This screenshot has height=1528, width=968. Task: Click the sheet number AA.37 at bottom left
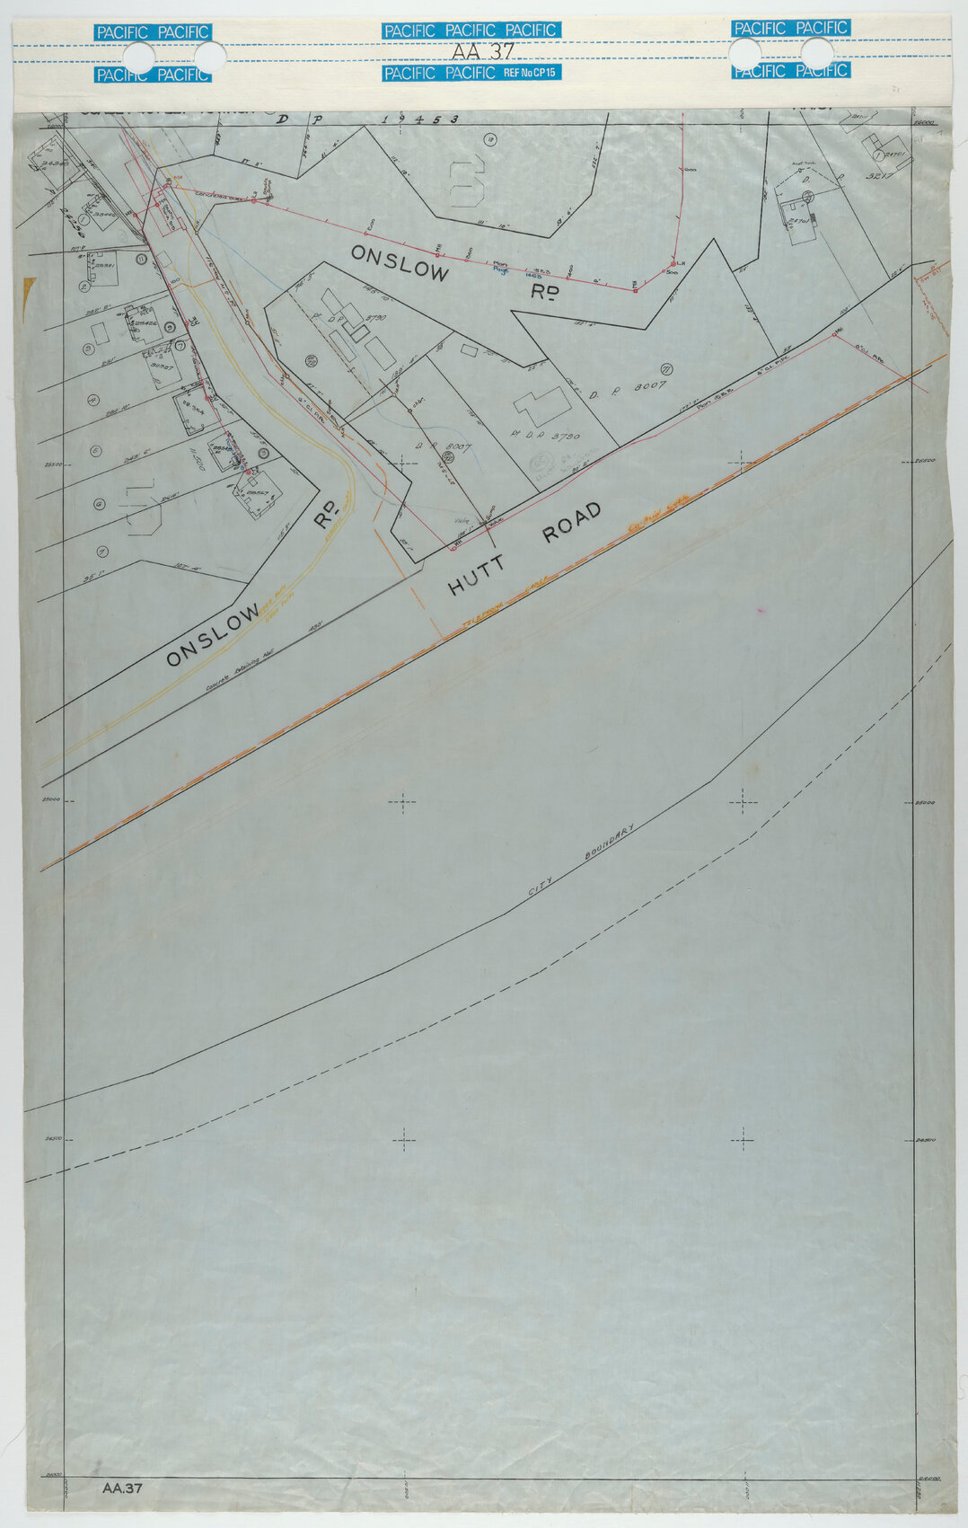point(122,1488)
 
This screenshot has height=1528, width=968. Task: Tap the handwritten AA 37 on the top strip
point(482,52)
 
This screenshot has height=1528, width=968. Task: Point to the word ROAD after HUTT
point(571,523)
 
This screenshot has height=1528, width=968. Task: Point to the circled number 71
point(666,368)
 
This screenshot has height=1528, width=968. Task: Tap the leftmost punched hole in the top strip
point(140,57)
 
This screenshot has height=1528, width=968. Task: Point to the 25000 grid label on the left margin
point(49,799)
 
